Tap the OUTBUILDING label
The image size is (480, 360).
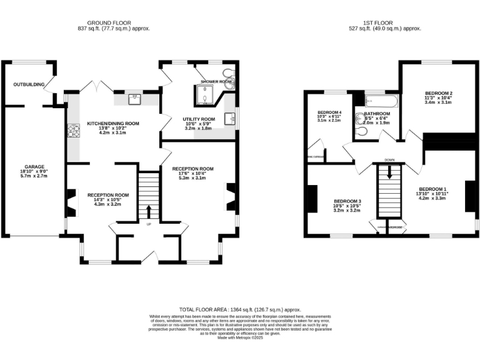coord(29,84)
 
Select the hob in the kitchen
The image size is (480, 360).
coord(74,131)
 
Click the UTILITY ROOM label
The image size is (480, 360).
coord(199,119)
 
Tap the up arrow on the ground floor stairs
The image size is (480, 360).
coord(149,211)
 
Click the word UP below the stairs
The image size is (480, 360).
coord(149,224)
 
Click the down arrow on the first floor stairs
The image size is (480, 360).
coord(389,175)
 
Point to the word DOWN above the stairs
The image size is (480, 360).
coord(389,159)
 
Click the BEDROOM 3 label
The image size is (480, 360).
coord(347,201)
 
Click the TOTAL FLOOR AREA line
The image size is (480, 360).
coord(240,309)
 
